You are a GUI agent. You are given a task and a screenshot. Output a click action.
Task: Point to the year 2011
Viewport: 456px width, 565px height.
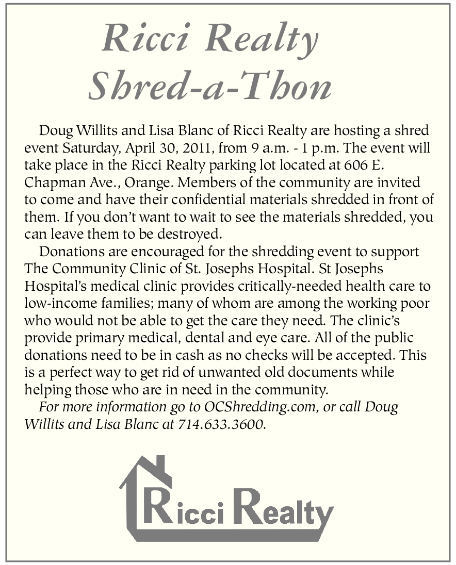(x=194, y=148)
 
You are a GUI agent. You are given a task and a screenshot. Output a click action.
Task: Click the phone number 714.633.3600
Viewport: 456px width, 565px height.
(x=222, y=424)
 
